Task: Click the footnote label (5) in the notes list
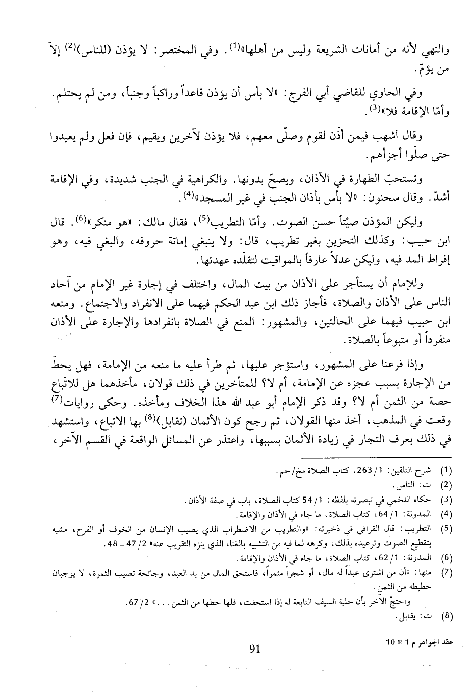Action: click(x=446, y=529)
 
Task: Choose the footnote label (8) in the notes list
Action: click(x=446, y=616)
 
